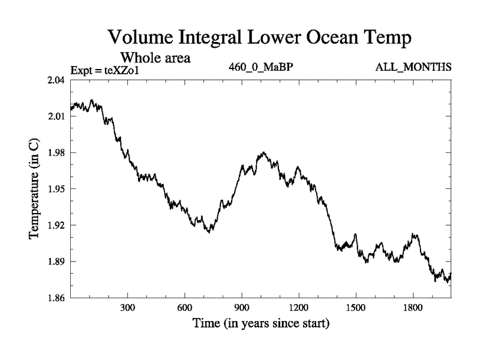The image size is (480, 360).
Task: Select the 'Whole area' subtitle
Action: click(156, 58)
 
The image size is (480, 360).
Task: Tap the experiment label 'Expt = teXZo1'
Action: click(108, 70)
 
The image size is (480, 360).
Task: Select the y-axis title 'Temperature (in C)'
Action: click(35, 189)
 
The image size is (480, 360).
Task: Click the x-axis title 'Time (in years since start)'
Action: click(260, 325)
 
